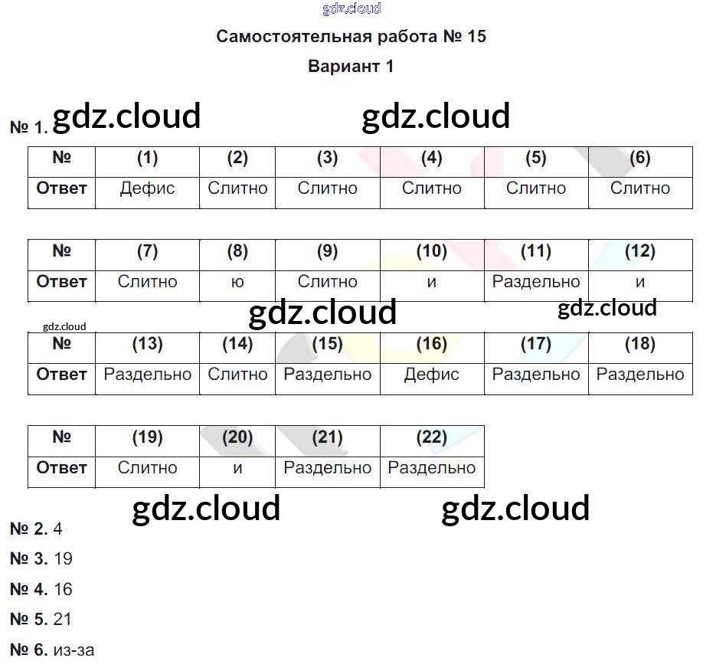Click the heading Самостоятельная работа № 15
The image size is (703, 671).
tap(351, 37)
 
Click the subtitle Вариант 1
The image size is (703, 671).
tap(351, 67)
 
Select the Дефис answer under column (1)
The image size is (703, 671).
tap(147, 188)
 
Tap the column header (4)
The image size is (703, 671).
tap(432, 159)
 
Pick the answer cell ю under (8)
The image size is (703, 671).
tap(237, 282)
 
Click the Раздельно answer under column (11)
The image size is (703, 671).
tap(536, 282)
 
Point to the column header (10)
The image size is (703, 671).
tap(432, 251)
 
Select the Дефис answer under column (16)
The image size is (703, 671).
tap(432, 375)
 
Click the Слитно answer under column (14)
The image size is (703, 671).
tap(237, 375)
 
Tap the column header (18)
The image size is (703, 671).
tap(639, 345)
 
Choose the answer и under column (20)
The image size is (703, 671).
tap(237, 468)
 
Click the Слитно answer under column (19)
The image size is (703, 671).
tap(147, 468)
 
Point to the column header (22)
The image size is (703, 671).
tap(432, 437)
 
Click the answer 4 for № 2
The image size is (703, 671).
tap(58, 529)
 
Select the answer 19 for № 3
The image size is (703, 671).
tap(64, 559)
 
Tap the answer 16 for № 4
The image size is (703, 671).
tap(64, 590)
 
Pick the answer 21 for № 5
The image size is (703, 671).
tap(63, 620)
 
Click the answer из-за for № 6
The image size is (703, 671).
tap(74, 650)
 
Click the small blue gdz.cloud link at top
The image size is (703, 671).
tap(351, 9)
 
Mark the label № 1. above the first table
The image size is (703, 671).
tap(29, 128)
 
